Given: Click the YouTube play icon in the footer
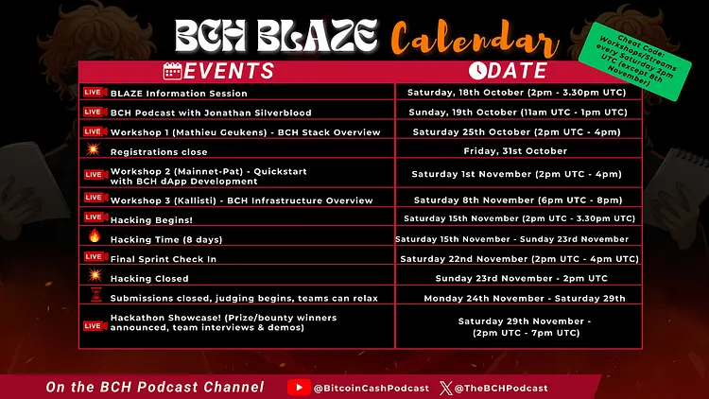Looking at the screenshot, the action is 299,388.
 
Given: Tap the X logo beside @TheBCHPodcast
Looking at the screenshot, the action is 446,389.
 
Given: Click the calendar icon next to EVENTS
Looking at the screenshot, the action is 173,71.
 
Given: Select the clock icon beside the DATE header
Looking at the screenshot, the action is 477,71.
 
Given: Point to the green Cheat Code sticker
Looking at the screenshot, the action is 635,61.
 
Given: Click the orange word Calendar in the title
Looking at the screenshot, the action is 475,40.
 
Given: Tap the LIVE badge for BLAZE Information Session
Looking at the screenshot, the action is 95,93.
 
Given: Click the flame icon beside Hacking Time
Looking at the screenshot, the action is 95,235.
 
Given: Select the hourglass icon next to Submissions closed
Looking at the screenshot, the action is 95,295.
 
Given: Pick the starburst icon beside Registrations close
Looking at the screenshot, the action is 94,148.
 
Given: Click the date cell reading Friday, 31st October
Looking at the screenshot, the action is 515,151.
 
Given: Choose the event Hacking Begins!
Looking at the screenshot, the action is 151,220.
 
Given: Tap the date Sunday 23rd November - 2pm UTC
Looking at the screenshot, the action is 521,278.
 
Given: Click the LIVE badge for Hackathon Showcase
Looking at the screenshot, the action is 95,325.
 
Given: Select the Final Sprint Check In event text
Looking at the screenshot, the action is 164,259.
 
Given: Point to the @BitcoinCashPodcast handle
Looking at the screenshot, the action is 372,389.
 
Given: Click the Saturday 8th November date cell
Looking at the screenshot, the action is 518,199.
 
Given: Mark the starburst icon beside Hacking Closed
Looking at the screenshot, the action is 95,275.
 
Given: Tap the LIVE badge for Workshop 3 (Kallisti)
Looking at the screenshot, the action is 95,198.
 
